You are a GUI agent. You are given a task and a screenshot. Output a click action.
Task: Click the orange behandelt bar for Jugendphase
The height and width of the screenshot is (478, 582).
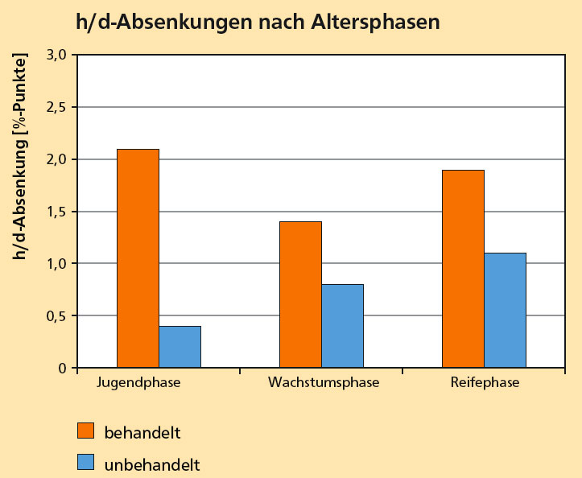point(138,258)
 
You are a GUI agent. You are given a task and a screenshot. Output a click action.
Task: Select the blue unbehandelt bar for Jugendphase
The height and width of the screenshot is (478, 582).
point(180,347)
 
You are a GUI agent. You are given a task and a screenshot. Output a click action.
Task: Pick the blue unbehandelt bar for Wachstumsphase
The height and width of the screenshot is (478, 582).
point(342,326)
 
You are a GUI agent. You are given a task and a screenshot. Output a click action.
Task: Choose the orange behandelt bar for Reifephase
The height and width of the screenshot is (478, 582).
point(463,269)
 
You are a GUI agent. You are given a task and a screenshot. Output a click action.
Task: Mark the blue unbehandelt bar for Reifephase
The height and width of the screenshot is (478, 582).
point(505,311)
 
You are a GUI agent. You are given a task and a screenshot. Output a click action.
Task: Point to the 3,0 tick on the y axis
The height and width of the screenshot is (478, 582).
point(60,55)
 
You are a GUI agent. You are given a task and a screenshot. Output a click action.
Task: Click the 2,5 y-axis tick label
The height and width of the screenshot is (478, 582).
point(60,107)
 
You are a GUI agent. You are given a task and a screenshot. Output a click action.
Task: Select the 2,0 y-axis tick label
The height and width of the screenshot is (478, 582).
point(60,159)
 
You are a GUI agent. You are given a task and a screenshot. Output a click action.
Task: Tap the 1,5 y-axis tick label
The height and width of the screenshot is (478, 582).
point(60,212)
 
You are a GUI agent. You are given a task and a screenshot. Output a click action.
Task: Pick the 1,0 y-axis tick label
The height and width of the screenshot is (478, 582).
point(60,263)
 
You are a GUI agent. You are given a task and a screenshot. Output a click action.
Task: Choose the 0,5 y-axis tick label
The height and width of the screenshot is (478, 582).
point(60,315)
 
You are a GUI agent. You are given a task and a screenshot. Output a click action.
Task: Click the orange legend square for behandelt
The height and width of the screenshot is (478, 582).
point(86,431)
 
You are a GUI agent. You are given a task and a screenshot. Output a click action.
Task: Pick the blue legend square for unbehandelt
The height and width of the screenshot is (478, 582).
point(86,464)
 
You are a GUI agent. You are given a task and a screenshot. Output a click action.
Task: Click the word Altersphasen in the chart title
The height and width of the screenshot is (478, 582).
point(374,23)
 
